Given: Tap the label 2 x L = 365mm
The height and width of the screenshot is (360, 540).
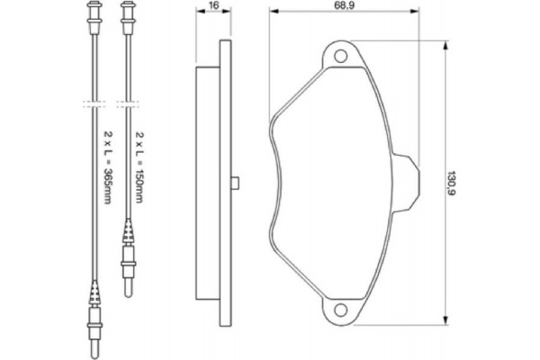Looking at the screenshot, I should point(107,166).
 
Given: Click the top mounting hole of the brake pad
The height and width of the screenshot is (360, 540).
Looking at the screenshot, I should point(341,57).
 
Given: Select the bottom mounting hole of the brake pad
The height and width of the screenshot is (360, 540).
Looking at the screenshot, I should point(341,310).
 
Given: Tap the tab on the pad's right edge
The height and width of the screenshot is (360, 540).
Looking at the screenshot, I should point(407,180).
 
